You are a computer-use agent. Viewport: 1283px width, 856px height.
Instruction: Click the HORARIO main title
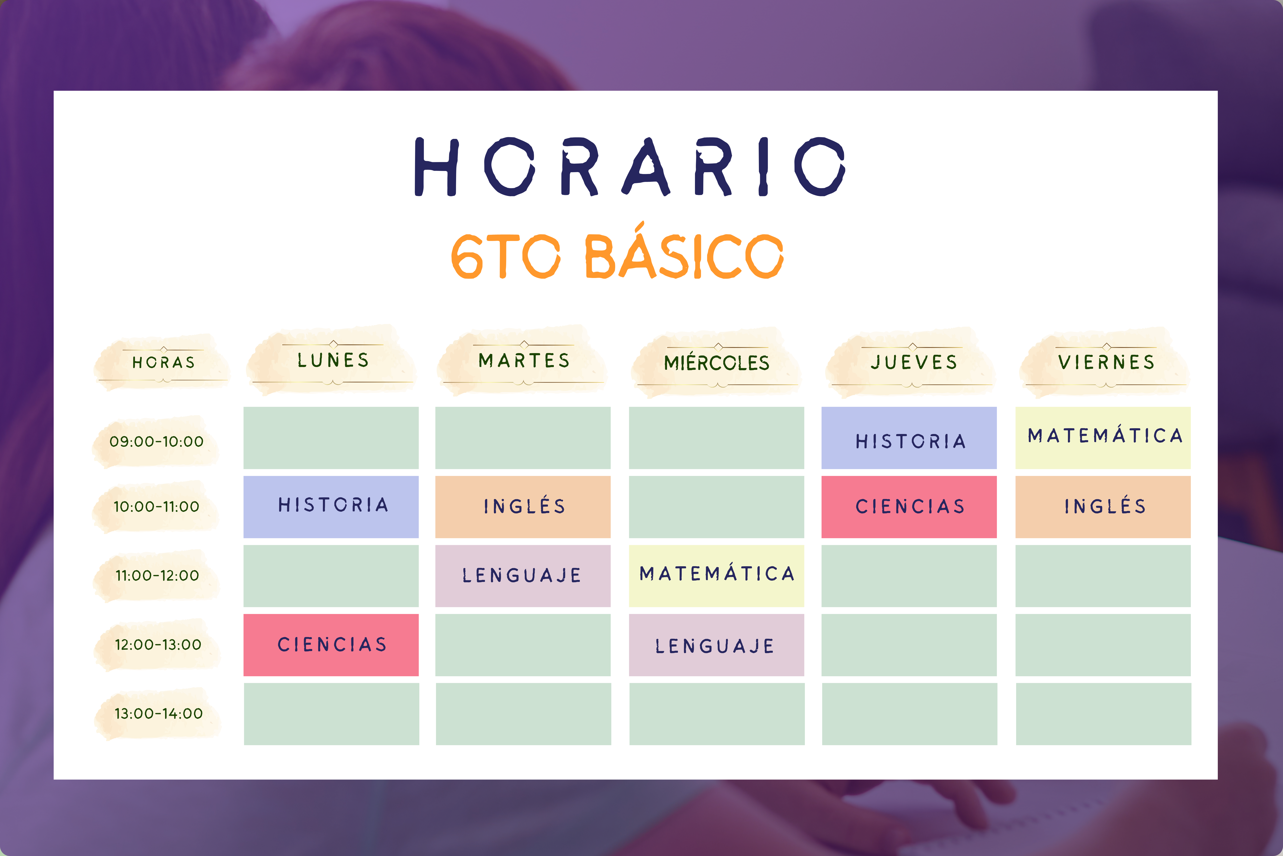pyautogui.click(x=630, y=166)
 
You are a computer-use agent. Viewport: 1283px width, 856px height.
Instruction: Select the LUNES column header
pyautogui.click(x=333, y=360)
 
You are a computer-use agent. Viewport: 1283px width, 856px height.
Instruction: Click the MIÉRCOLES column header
pyautogui.click(x=717, y=363)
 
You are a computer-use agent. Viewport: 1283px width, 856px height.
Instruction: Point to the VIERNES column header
pyautogui.click(x=1106, y=362)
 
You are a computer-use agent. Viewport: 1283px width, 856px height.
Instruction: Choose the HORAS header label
pyautogui.click(x=164, y=363)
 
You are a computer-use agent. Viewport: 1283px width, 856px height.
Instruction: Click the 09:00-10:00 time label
pyautogui.click(x=157, y=441)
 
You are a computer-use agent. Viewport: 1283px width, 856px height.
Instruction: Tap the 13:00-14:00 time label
pyautogui.click(x=158, y=713)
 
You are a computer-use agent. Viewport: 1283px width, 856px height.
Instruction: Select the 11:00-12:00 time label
pyautogui.click(x=157, y=575)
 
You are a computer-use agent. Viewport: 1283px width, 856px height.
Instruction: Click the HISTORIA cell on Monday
pyautogui.click(x=331, y=507)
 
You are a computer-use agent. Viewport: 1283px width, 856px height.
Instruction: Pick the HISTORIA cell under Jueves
pyautogui.click(x=909, y=438)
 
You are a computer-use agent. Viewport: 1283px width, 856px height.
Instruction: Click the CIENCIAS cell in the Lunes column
pyautogui.click(x=331, y=645)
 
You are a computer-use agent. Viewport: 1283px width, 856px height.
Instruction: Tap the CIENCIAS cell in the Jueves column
pyautogui.click(x=909, y=507)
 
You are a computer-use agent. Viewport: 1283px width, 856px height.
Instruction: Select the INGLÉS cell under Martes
pyautogui.click(x=523, y=507)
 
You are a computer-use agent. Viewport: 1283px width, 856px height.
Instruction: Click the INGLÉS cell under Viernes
pyautogui.click(x=1103, y=507)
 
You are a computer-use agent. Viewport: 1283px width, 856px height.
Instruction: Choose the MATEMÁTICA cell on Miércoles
pyautogui.click(x=716, y=576)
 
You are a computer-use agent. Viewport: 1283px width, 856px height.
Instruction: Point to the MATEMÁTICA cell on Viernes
pyautogui.click(x=1103, y=438)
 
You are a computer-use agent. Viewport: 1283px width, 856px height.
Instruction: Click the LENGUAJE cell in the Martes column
pyautogui.click(x=523, y=576)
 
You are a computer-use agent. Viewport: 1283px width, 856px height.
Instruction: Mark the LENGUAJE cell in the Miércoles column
pyautogui.click(x=716, y=645)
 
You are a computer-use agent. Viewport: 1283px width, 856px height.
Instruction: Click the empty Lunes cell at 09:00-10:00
pyautogui.click(x=331, y=438)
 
